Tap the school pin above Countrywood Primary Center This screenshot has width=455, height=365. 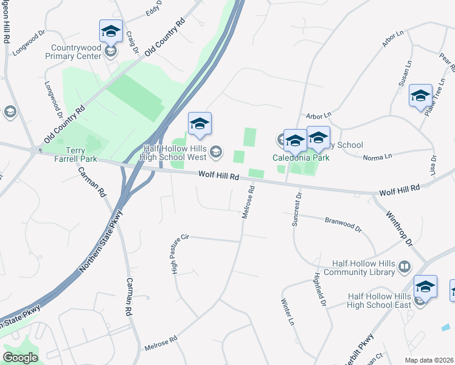pyautogui.click(x=111, y=31)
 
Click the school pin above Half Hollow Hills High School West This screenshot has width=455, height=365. pyautogui.click(x=200, y=124)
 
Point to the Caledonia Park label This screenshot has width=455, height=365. pyautogui.click(x=300, y=158)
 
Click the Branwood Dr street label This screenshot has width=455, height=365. pyautogui.click(x=343, y=225)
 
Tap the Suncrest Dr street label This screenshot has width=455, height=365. pyautogui.click(x=296, y=210)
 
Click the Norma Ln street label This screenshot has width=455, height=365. pyautogui.click(x=378, y=157)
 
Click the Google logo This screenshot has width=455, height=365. pyautogui.click(x=21, y=358)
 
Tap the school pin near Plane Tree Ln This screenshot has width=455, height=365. pyautogui.click(x=420, y=96)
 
